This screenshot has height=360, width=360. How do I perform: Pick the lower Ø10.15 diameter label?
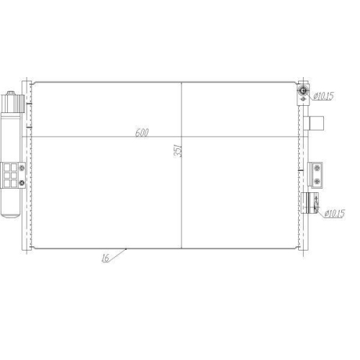pos(336,212)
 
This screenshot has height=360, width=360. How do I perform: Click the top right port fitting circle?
pos(304,93)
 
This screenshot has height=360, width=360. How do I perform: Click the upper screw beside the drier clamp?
pos(23,169)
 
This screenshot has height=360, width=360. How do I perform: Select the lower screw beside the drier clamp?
pos(23,183)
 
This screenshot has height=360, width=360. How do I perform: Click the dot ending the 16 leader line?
pos(127,249)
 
